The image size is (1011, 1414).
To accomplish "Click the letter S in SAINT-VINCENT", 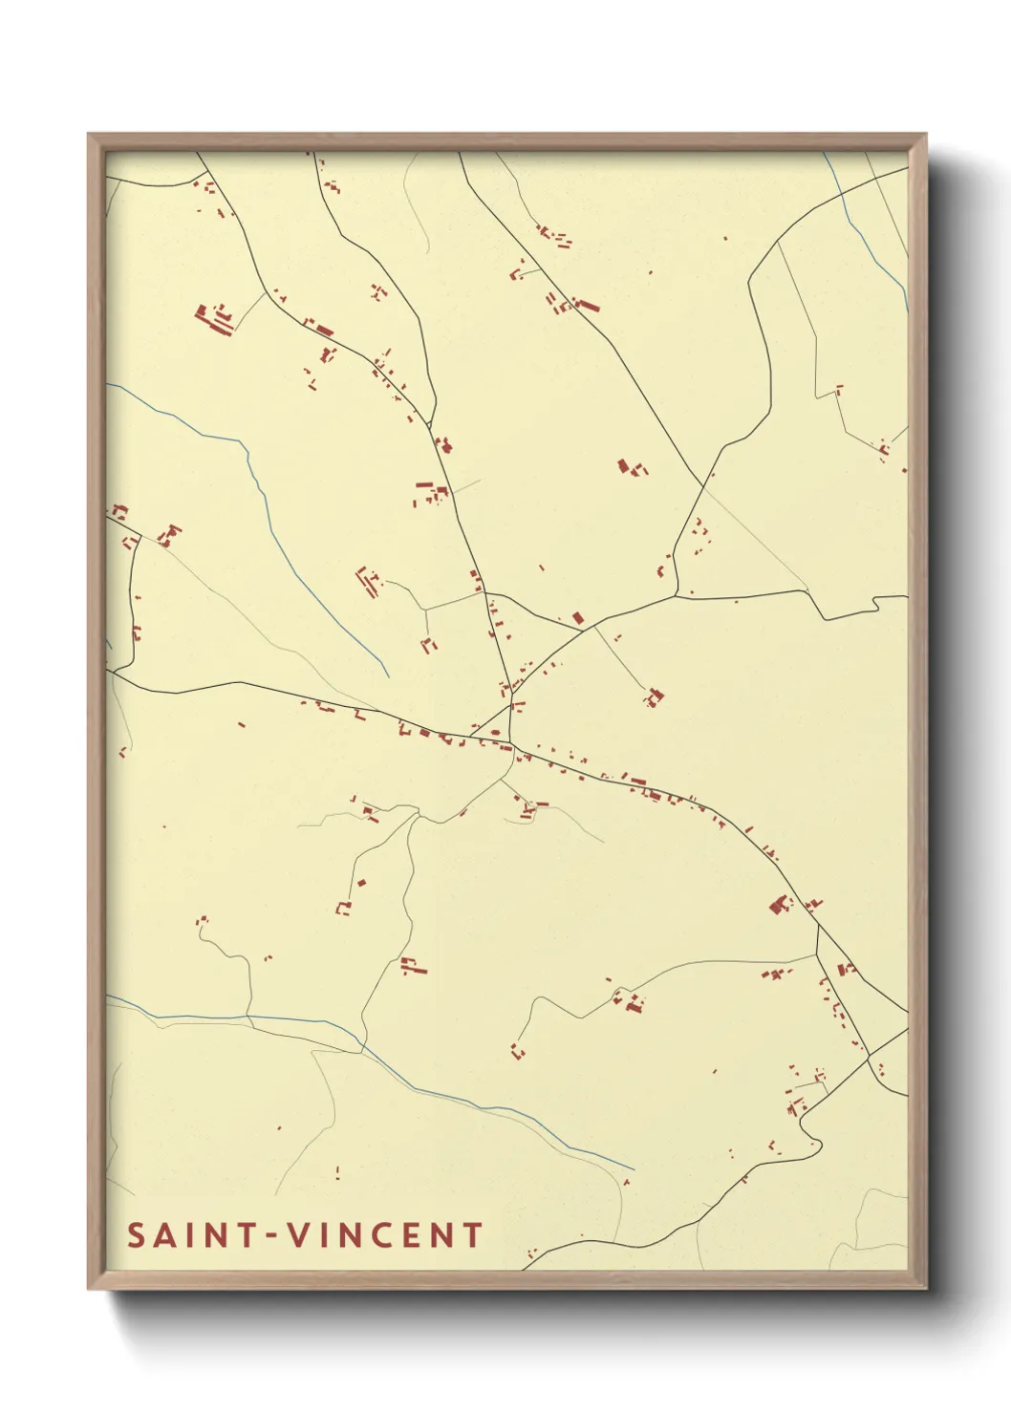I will pos(136,1235).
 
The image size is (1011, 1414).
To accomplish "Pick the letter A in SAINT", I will pos(164,1235).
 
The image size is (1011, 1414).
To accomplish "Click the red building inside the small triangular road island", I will pos(495,733).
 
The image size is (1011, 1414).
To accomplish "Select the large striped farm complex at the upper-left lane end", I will pos(215,318).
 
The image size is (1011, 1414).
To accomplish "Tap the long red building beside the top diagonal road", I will pos(587,306).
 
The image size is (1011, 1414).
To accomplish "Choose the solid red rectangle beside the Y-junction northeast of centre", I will pos(577,618).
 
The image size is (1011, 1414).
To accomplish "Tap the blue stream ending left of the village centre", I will pos(315,592).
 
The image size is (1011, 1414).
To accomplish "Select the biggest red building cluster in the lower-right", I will pos(780,904).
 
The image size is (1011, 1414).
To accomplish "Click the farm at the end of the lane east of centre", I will pos(654,697).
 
